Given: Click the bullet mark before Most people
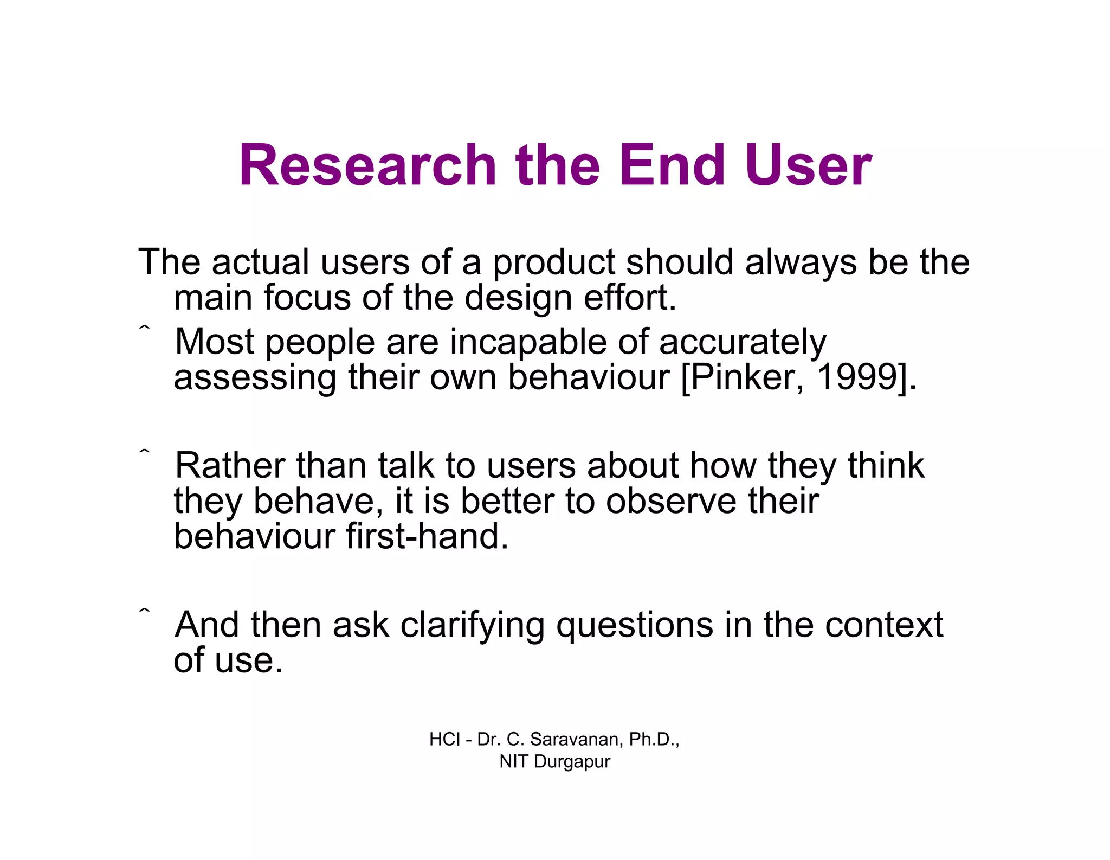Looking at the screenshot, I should pyautogui.click(x=144, y=328).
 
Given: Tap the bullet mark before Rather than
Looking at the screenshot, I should pyautogui.click(x=144, y=451).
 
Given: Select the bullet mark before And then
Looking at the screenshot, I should pyautogui.click(x=144, y=611).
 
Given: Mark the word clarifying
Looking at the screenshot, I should pyautogui.click(x=472, y=626).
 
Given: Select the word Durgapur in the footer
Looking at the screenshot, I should pyautogui.click(x=572, y=762).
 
